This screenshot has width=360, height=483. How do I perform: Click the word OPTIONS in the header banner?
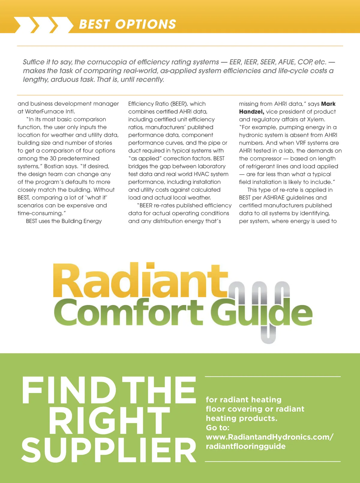(146, 24)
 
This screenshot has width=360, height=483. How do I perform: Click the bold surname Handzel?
(251, 112)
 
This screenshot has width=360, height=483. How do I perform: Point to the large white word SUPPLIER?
(109, 450)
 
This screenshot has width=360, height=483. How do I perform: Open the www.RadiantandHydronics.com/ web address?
(269, 437)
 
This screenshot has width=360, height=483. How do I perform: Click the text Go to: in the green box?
(217, 427)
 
